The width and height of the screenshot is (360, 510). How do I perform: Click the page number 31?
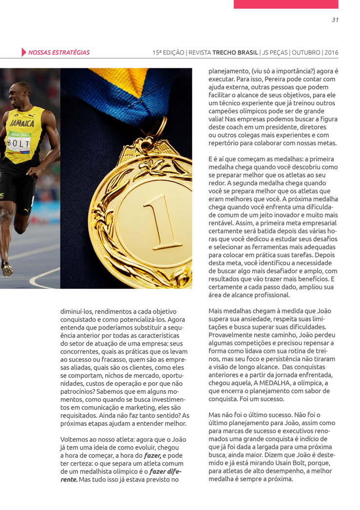click(335, 20)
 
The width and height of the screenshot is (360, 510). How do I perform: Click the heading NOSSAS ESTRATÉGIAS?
click(59, 52)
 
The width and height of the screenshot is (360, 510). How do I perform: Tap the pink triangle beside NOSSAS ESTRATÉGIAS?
click(24, 52)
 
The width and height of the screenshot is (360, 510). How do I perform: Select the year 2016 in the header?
click(331, 52)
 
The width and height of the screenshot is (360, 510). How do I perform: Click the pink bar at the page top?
click(285, 4)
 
